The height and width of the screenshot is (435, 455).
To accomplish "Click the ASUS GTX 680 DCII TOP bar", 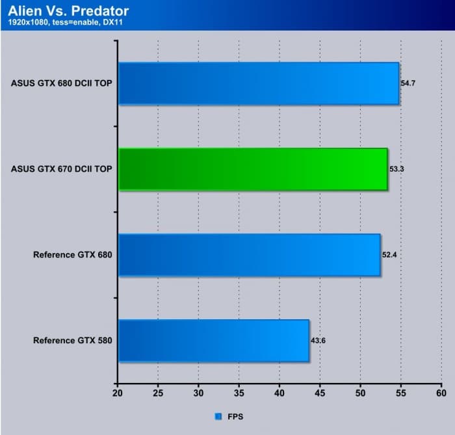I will tap(259, 83).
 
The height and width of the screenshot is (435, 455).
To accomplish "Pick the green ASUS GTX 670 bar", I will tap(253, 169).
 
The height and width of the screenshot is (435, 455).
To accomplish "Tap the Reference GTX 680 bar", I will tap(250, 255).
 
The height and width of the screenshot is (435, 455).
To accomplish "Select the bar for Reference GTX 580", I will tap(214, 340).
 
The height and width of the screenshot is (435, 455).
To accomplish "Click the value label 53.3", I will tap(397, 169).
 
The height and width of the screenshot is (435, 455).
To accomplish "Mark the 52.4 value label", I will tap(389, 255).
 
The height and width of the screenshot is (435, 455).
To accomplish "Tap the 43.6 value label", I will tap(318, 341).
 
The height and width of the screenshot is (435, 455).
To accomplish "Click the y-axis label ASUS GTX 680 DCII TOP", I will tap(62, 83).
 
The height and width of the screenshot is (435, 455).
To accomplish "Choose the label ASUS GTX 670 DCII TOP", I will tap(62, 169).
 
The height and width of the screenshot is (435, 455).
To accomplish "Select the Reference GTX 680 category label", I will tap(73, 255).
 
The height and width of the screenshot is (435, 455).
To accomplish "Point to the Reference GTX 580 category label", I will tap(73, 340).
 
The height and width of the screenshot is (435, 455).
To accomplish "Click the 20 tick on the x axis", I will tap(118, 393).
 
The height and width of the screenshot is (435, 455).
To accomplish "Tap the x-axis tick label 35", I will tap(239, 393).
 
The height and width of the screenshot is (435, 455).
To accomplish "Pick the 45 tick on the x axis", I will tap(320, 393).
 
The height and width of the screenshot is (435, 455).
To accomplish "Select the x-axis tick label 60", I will tap(441, 393).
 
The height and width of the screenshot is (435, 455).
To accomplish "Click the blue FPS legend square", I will tap(218, 415).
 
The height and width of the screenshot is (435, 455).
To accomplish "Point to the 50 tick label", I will tap(360, 393).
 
